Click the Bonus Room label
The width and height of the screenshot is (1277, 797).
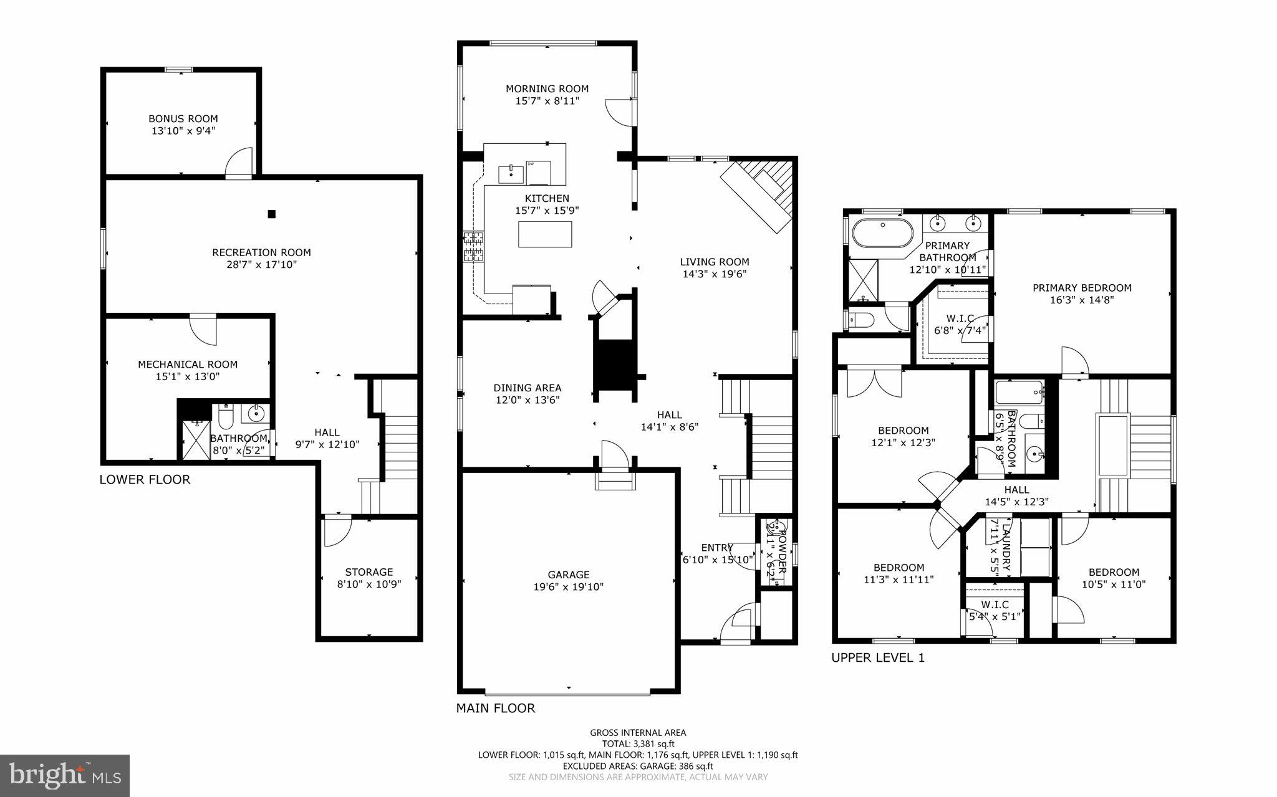(x=183, y=118)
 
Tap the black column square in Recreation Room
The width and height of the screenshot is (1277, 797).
(x=271, y=214)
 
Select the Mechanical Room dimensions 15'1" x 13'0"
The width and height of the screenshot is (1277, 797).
(x=187, y=376)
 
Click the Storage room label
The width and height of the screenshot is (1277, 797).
(x=369, y=571)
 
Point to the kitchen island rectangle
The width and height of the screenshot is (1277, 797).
(x=545, y=234)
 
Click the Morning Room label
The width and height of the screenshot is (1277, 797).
(x=547, y=88)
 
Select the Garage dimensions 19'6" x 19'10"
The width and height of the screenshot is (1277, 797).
(x=569, y=586)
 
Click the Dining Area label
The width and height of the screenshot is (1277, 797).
(x=528, y=388)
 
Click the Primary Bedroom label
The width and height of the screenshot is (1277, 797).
(x=1082, y=287)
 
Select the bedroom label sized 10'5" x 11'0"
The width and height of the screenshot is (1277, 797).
(x=1114, y=572)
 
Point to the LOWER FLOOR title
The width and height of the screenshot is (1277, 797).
(x=145, y=479)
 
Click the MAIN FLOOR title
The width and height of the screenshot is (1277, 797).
(x=496, y=708)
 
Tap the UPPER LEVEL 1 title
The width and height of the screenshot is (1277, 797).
(x=878, y=657)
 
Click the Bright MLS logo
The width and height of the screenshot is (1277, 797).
(x=65, y=775)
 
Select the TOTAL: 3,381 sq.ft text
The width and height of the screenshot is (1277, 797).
(x=638, y=743)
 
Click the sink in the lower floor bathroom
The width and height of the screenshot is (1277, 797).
(x=256, y=412)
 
